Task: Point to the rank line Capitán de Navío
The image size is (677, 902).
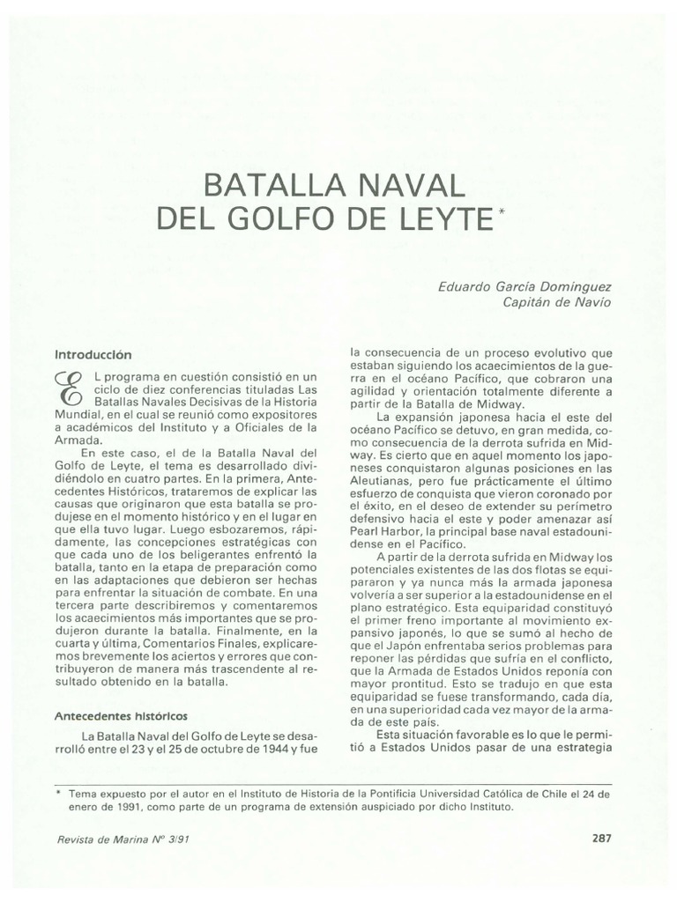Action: (x=556, y=302)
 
